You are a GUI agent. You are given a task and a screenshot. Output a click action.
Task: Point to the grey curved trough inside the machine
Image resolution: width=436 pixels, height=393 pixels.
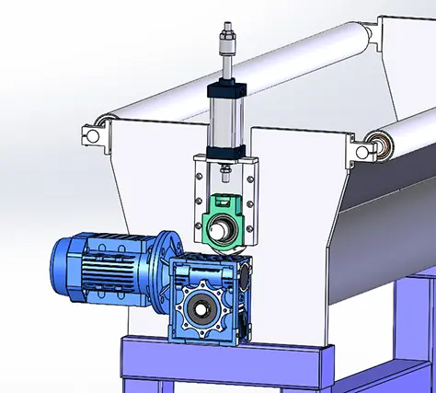tap(386, 221)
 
